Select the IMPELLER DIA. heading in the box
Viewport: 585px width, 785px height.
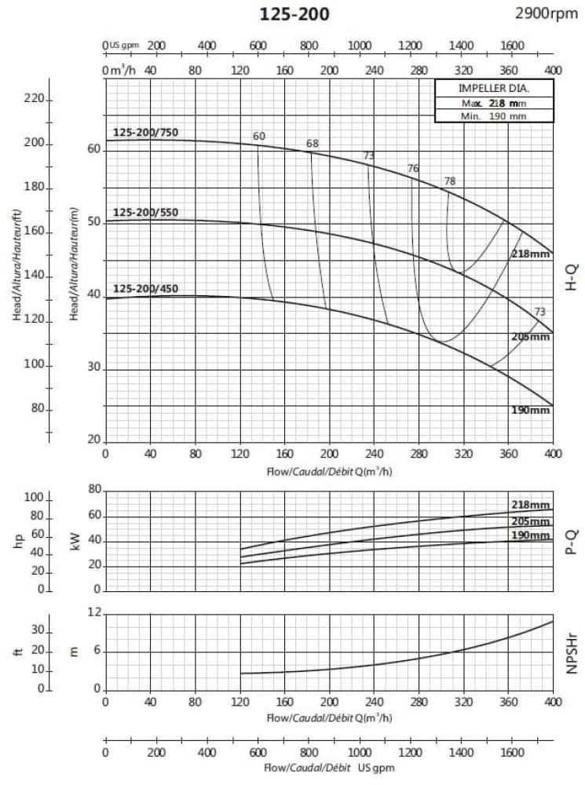point(494,88)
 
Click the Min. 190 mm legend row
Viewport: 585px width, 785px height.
point(494,115)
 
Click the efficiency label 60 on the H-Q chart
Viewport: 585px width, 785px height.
point(259,136)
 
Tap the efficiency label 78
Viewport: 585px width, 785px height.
point(450,181)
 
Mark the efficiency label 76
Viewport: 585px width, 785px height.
point(414,169)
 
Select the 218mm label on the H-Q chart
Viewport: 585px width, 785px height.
point(531,254)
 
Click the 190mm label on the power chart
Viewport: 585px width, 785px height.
point(531,535)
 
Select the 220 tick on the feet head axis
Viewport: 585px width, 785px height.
point(35,100)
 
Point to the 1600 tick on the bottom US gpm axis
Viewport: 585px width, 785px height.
point(512,751)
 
